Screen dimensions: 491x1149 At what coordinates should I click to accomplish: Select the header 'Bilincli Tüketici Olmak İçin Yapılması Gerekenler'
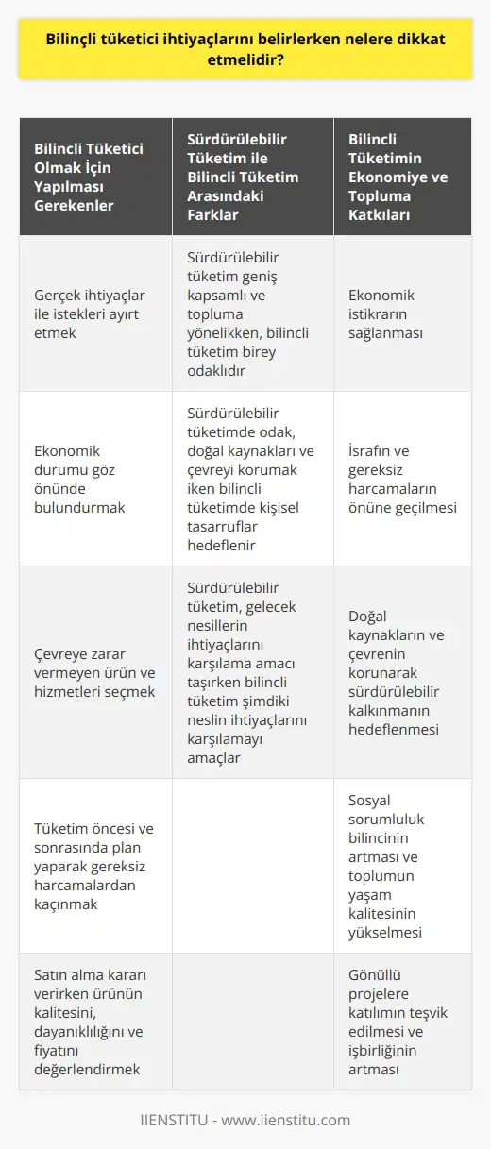click(94, 177)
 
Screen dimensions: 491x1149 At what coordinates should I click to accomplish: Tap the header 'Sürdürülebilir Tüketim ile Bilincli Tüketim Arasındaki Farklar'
click(251, 177)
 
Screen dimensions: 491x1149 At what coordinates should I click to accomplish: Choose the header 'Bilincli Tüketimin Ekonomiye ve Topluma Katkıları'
click(402, 177)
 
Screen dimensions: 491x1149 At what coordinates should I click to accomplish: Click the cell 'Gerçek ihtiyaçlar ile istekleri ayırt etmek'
click(94, 313)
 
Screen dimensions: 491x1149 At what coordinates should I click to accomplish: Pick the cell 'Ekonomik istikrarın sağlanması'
click(402, 313)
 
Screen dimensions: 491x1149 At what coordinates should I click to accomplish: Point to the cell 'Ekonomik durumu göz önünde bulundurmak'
click(94, 479)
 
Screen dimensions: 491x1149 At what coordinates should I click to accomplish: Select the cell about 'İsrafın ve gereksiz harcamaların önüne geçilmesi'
click(402, 479)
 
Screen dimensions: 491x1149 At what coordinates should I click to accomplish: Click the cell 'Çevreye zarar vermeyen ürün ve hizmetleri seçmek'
click(94, 672)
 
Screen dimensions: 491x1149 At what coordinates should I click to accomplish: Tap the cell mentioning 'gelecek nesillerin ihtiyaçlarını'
click(251, 672)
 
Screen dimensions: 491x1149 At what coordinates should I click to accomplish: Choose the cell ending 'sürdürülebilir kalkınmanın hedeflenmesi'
click(402, 672)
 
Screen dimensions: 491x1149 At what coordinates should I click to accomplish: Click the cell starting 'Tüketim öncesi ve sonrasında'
click(94, 865)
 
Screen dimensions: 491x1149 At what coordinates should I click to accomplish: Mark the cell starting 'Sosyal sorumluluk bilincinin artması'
click(402, 865)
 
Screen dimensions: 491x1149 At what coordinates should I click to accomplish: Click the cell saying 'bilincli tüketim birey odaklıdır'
click(251, 313)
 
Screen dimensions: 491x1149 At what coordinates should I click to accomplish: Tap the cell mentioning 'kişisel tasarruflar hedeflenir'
click(251, 479)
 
